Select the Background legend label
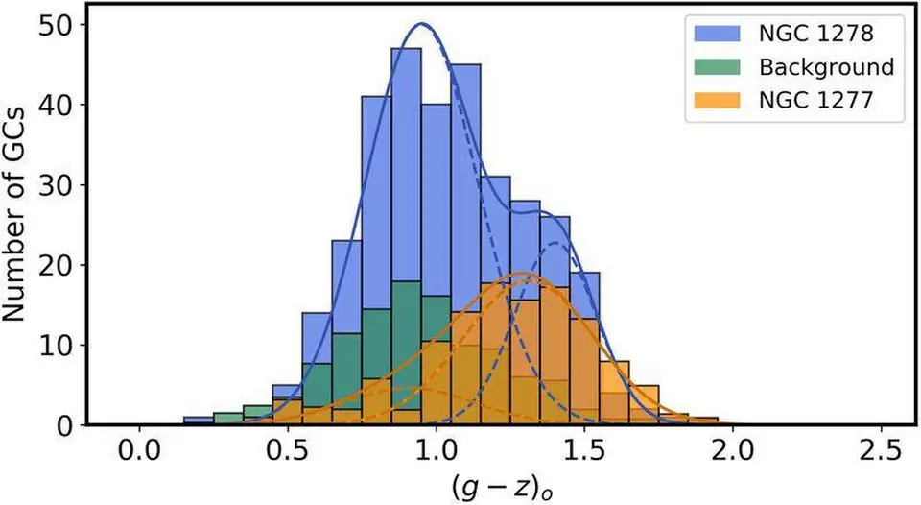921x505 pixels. click(826, 67)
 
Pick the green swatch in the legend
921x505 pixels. click(715, 67)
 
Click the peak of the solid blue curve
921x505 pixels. click(421, 24)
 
